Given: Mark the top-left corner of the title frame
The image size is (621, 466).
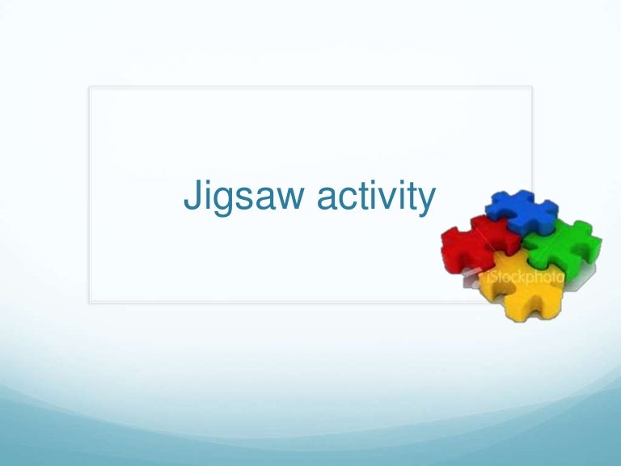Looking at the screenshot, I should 90,87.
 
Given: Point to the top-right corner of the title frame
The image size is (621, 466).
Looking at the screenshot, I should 532,87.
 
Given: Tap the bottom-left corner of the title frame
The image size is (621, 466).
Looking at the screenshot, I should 90,303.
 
